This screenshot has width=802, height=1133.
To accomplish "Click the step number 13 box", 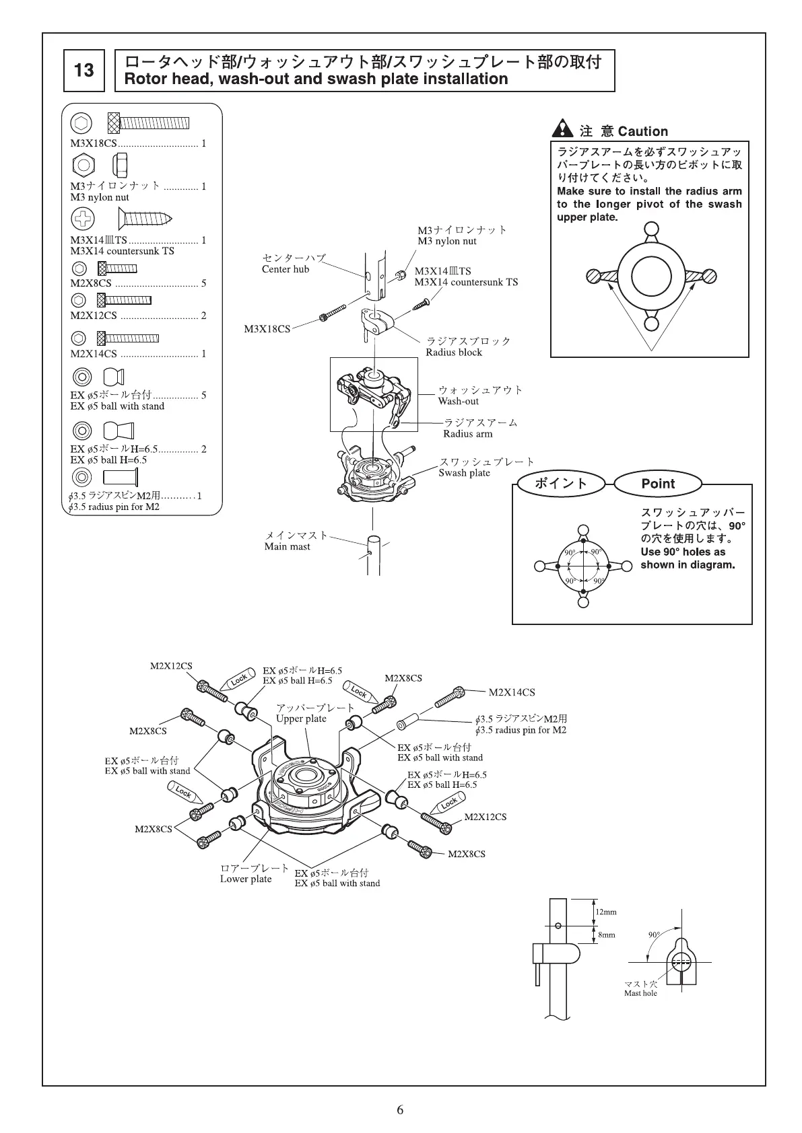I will tap(84, 70).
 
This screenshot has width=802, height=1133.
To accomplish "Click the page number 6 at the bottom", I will tap(400, 1110).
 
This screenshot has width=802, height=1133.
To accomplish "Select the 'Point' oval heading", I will tap(657, 483).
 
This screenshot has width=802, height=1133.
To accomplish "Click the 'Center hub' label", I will tap(286, 269).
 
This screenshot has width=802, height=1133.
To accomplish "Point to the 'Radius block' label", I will tap(454, 352).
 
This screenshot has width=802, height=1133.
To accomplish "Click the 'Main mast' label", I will tap(288, 546).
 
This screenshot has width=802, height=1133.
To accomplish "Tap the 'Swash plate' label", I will tap(464, 472).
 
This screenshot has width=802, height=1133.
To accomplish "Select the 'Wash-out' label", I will tap(459, 401).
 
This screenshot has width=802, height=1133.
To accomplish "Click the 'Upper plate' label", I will tap(301, 719).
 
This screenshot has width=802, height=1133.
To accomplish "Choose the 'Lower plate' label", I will tap(246, 879).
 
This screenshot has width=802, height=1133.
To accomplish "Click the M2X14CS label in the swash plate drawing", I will tap(512, 692).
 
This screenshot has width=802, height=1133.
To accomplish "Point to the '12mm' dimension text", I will tap(606, 912).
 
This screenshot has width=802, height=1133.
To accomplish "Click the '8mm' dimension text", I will tap(606, 935).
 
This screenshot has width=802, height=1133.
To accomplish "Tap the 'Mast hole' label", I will tap(640, 993).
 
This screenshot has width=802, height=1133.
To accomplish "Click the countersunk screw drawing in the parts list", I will tap(145, 218).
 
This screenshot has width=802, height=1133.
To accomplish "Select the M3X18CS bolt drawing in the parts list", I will tap(149, 123).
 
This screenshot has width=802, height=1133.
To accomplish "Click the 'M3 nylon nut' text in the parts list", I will tap(100, 197).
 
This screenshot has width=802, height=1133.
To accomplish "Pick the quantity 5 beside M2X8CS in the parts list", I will tap(203, 283).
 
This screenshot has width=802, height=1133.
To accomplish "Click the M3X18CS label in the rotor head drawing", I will tap(267, 329).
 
